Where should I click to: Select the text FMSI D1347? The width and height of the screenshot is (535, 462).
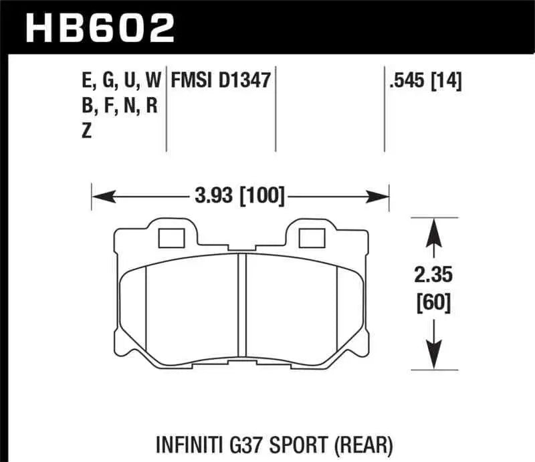point(220,82)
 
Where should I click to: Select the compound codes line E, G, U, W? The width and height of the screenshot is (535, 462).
point(120,82)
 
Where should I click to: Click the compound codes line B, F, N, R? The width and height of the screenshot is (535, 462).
point(118,106)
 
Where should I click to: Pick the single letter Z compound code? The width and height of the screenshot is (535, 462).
point(86,132)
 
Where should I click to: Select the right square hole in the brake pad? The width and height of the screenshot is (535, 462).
point(310,237)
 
